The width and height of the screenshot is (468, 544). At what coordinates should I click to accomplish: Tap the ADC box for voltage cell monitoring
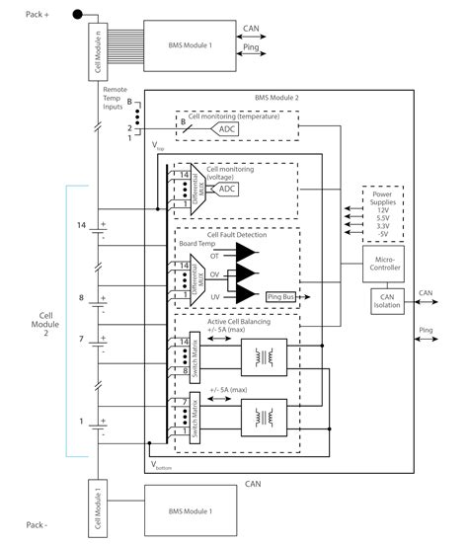[226, 189]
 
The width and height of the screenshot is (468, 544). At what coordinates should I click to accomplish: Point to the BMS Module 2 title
[277, 99]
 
